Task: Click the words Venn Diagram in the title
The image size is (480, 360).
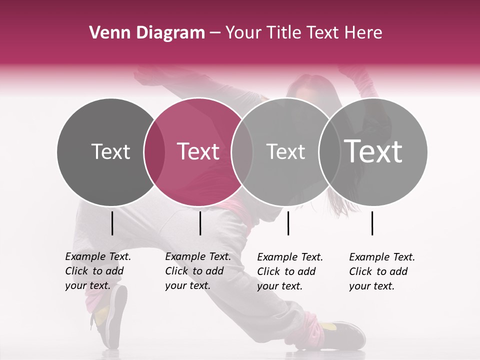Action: tap(147, 33)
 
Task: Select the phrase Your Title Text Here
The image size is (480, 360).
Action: tap(303, 33)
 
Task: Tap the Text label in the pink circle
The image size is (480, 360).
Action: tap(198, 151)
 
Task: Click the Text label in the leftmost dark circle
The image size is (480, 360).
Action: tap(110, 151)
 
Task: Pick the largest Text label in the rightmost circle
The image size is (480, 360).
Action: tap(373, 151)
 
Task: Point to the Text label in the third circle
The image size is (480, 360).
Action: tap(285, 151)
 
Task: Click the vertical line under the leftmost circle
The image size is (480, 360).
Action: tap(112, 223)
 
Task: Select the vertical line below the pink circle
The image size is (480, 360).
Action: tap(200, 223)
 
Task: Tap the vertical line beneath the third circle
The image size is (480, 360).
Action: tap(288, 223)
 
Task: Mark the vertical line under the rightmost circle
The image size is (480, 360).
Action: tap(372, 223)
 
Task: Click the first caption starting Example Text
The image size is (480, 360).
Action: tap(98, 271)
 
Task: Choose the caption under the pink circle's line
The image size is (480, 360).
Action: tap(198, 271)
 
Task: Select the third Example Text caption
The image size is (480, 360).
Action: tap(290, 271)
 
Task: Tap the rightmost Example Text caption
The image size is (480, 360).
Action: tap(382, 271)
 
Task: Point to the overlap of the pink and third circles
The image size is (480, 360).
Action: tap(242, 151)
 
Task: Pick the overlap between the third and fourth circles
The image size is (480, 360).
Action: tap(328, 151)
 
